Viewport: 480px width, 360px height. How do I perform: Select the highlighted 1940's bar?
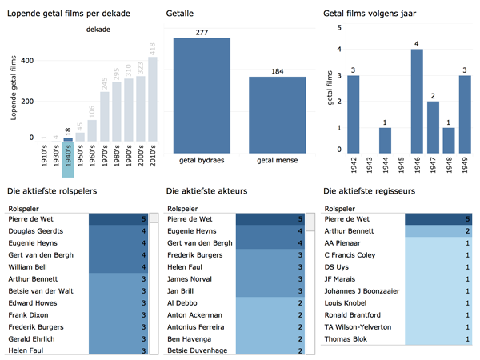coord(68,140)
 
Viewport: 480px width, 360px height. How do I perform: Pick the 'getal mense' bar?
coord(277,112)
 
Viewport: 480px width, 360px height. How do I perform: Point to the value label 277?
coord(202,32)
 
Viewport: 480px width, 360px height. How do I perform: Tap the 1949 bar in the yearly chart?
coord(464,114)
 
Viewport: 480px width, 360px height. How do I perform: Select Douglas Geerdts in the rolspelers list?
coord(35,230)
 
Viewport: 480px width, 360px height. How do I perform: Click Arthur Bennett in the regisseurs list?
coord(352,230)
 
